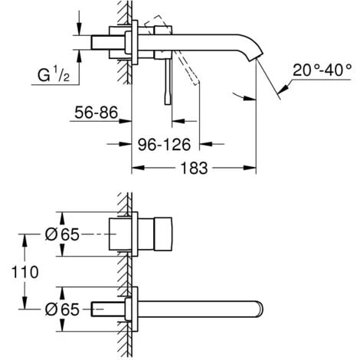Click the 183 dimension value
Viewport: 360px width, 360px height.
(194, 169)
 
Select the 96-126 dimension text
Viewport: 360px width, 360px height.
(164, 145)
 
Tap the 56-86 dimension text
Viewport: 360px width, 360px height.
(97, 113)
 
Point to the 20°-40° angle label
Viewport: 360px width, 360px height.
(322, 70)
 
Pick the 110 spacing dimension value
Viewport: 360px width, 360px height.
(25, 272)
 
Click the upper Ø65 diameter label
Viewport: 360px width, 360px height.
(62, 234)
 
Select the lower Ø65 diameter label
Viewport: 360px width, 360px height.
(62, 309)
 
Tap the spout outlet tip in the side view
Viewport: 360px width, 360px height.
(256, 58)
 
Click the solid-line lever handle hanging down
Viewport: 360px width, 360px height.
(168, 81)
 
